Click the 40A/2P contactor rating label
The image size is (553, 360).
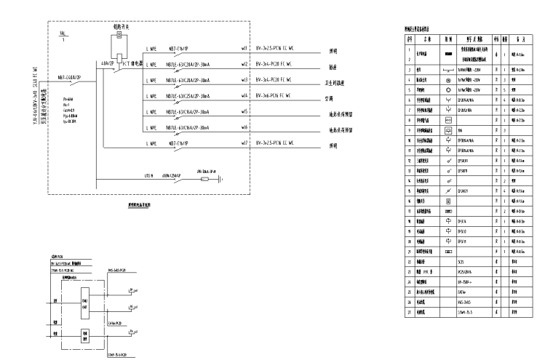click(x=107, y=63)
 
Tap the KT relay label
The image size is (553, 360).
click(x=131, y=63)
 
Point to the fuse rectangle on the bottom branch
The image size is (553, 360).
click(x=204, y=177)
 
